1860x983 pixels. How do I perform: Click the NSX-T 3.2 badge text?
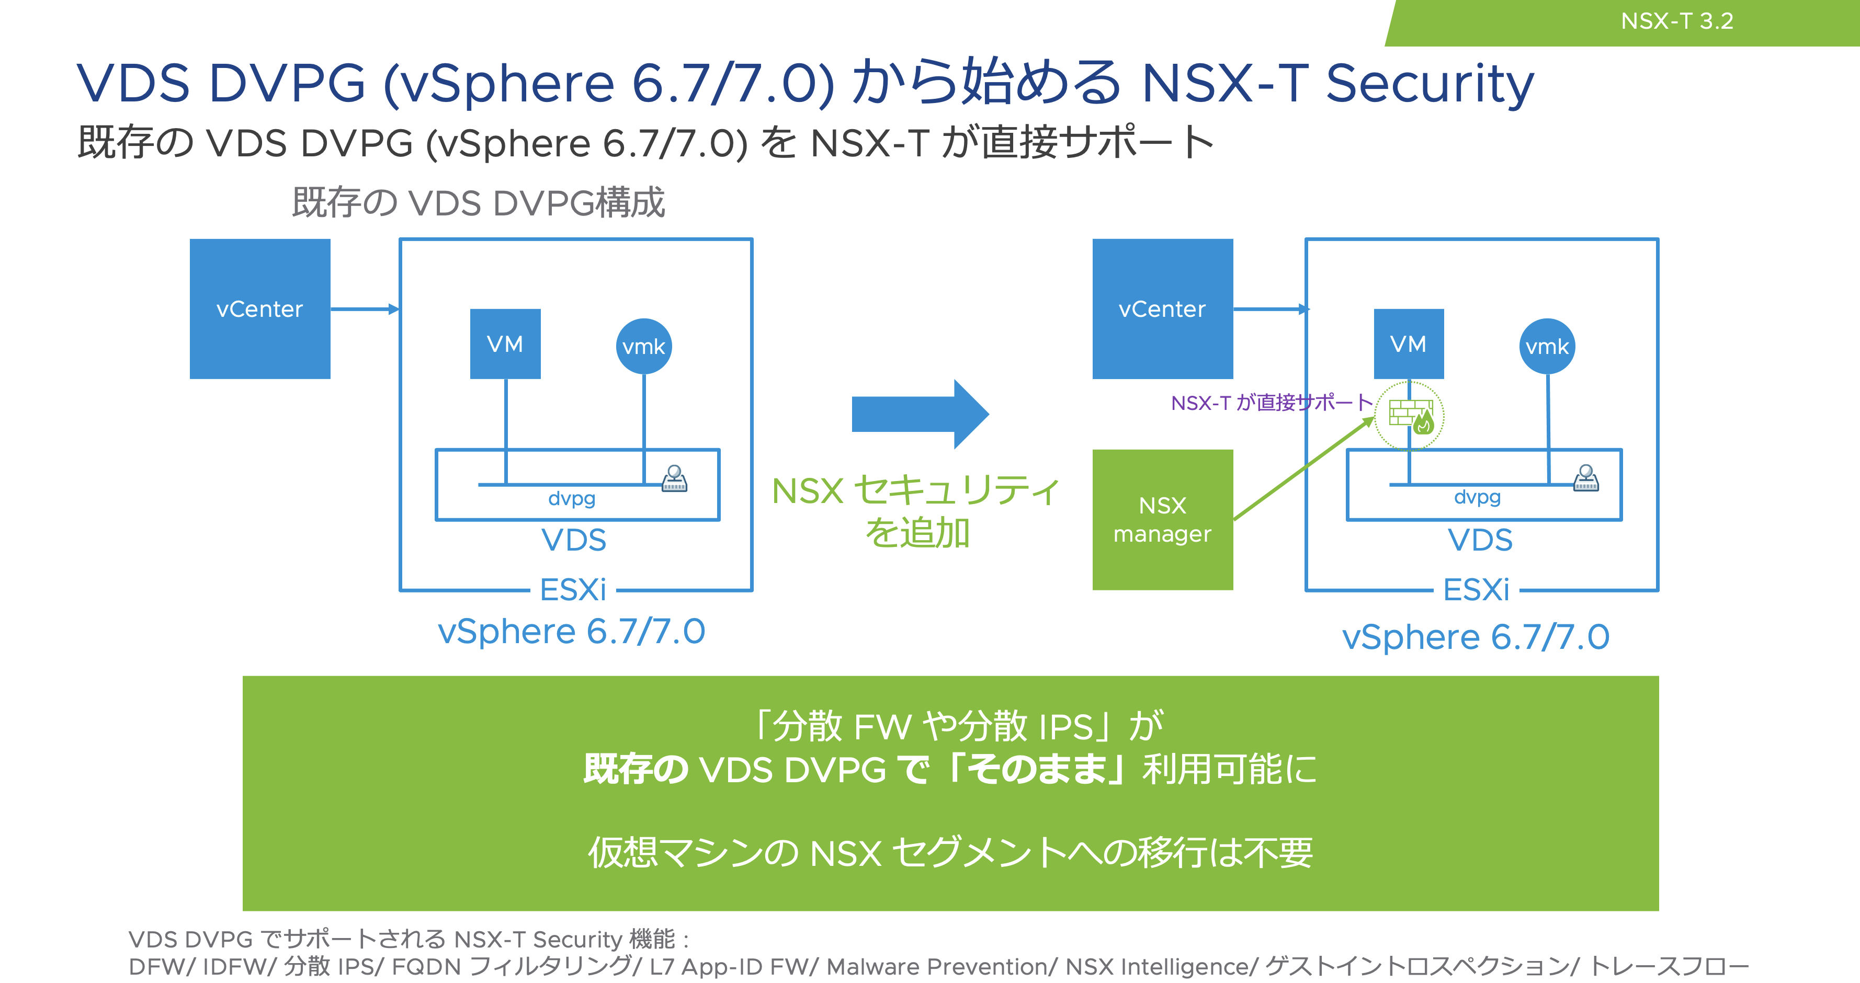[1676, 21]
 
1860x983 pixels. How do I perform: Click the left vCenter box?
[260, 309]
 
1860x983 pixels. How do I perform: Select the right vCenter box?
[1162, 309]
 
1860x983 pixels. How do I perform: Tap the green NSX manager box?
[1162, 520]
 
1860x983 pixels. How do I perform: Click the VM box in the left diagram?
[505, 344]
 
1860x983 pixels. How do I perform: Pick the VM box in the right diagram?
[1409, 344]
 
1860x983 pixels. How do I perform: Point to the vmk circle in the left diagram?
[644, 347]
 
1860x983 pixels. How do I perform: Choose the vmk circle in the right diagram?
[1547, 347]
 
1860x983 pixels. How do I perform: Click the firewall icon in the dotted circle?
[1410, 416]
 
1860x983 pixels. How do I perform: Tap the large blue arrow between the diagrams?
[919, 414]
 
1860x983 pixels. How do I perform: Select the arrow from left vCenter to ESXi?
[365, 309]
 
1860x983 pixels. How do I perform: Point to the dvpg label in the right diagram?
[1477, 497]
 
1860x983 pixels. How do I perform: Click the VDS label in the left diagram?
[574, 540]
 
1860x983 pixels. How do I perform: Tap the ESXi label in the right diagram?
[1477, 590]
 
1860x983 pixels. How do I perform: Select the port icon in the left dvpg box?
[674, 478]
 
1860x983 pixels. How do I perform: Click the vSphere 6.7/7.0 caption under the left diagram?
[571, 632]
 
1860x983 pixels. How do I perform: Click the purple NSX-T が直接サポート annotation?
[1272, 403]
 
